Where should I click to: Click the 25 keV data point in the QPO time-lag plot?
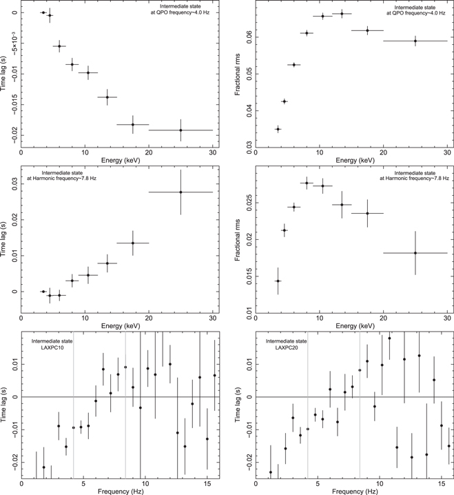click(x=180, y=130)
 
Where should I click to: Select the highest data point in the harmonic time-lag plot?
click(x=180, y=192)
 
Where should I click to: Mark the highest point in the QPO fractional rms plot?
click(x=342, y=14)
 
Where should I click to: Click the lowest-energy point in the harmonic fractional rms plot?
click(x=278, y=281)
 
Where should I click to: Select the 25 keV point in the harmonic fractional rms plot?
click(x=415, y=253)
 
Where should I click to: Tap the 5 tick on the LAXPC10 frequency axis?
click(x=83, y=483)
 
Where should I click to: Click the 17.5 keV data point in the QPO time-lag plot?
click(x=133, y=124)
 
